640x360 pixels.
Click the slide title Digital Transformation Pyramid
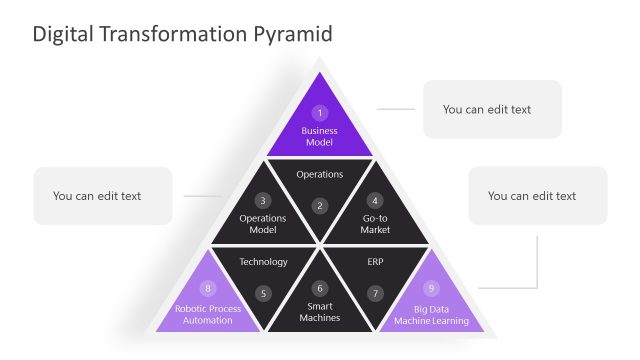point(182,34)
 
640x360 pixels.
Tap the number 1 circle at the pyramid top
point(320,113)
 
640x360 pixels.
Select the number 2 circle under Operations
point(320,206)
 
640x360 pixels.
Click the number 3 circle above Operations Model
point(263,200)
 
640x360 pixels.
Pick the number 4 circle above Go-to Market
point(375,200)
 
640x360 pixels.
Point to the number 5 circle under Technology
point(263,294)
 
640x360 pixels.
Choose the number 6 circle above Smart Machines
point(320,287)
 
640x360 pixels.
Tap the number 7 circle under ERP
point(375,294)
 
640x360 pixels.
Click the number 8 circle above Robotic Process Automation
point(208,288)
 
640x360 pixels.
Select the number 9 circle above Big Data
point(432,288)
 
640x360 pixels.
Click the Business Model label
point(320,137)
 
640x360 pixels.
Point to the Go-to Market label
point(375,224)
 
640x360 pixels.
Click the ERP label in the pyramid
point(375,262)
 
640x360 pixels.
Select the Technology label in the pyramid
point(263,262)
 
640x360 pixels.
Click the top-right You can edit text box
point(492,109)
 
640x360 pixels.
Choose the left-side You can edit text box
point(102,196)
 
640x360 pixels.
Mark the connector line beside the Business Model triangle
point(396,109)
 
